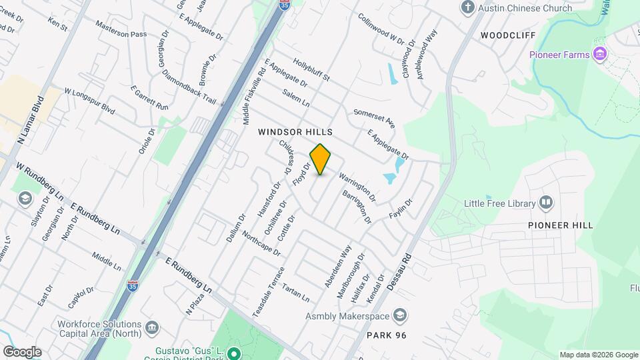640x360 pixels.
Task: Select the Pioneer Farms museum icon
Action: [600, 54]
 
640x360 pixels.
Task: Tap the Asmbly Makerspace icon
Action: [400, 315]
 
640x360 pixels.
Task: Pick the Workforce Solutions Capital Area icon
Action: [152, 327]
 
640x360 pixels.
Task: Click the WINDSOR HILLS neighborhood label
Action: [295, 133]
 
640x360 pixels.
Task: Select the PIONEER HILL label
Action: [560, 225]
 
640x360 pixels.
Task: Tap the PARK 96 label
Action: [387, 334]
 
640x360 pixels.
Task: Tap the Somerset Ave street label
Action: [375, 119]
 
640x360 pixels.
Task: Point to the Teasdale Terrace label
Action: [269, 291]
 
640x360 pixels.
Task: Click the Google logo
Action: [22, 351]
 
